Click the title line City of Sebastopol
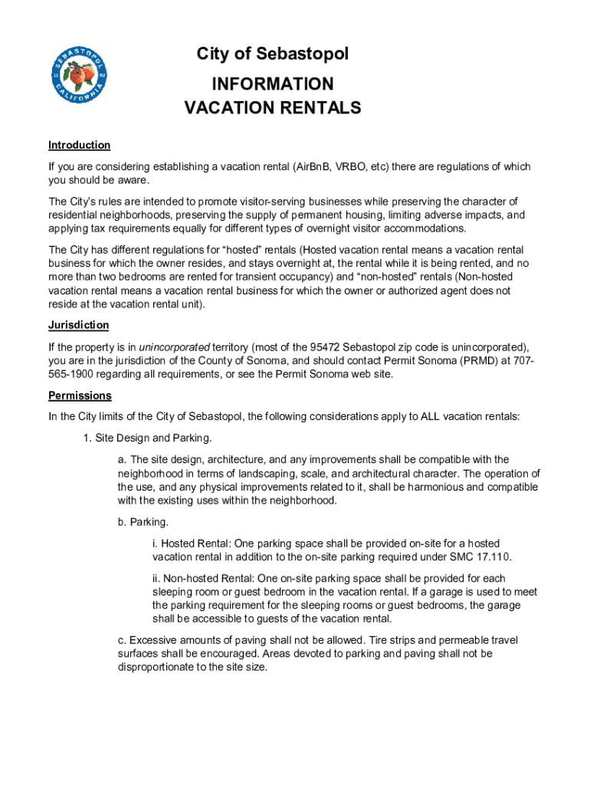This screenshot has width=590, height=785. (272, 54)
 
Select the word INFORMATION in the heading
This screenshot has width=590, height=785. (272, 84)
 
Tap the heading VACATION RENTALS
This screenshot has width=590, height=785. (272, 108)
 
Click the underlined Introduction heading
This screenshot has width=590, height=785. (80, 145)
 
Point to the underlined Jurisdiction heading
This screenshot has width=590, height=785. (78, 325)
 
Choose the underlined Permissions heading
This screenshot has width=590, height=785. (80, 396)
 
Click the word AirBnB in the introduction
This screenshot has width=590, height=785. (312, 167)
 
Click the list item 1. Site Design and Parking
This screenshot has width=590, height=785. (147, 438)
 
